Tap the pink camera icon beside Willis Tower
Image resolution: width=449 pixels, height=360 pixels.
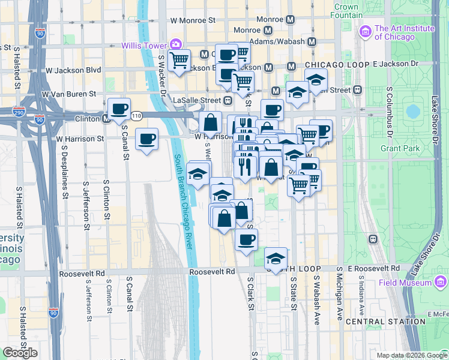point(175,44)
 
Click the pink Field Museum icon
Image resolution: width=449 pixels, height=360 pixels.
point(441,282)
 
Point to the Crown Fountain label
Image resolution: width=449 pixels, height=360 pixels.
point(346,11)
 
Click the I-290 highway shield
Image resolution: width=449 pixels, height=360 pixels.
point(19,112)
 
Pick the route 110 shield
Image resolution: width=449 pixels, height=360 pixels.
point(137,115)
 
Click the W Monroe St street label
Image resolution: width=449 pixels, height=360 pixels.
point(193,20)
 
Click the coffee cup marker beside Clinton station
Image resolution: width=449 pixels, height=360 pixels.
point(119,109)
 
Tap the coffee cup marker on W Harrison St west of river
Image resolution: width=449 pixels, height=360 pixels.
point(147,140)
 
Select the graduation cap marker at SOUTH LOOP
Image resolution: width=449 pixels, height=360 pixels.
point(276,259)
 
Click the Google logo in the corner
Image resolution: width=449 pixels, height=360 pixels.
point(20,353)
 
